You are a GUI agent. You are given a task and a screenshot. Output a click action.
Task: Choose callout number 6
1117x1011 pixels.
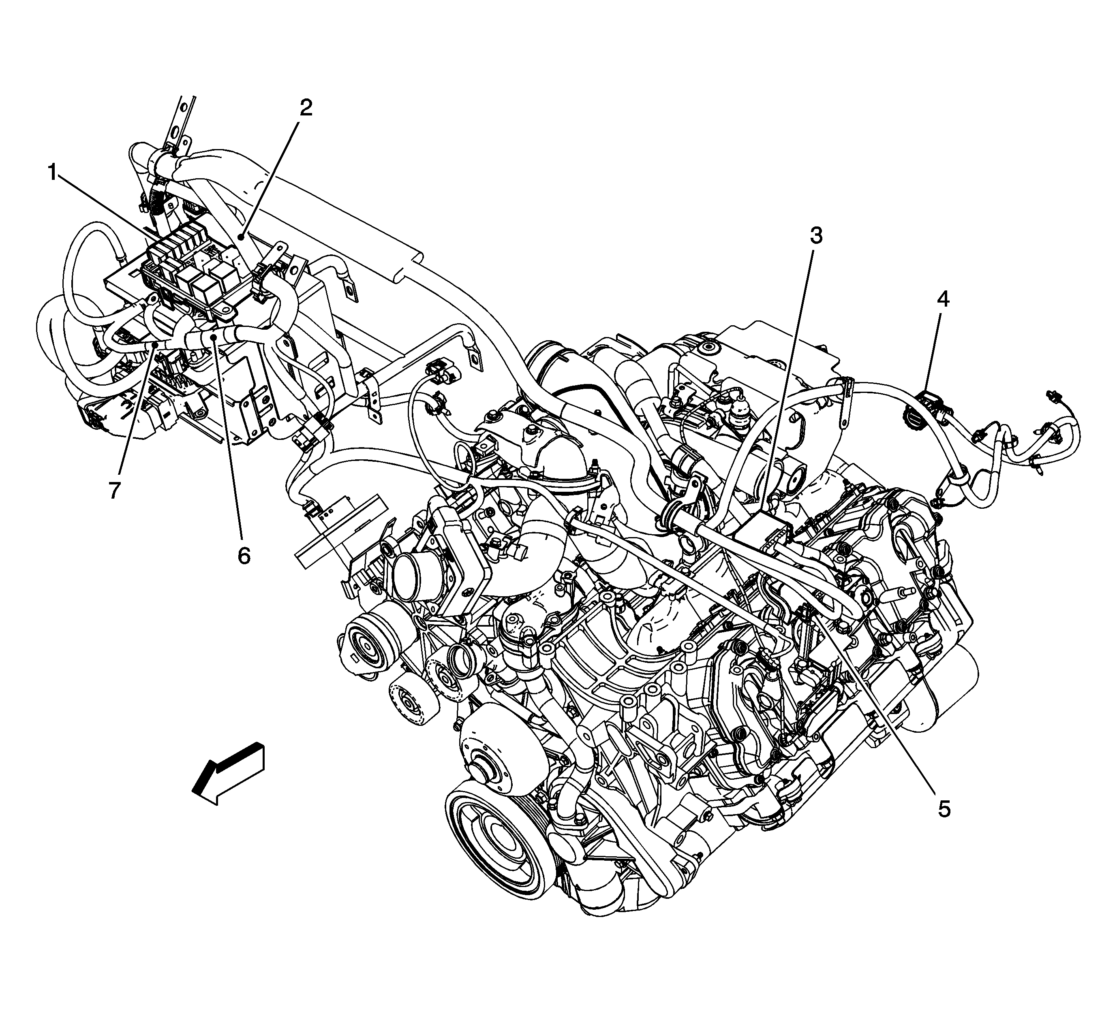click(x=244, y=555)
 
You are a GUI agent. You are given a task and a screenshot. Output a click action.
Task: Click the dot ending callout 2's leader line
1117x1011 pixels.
click(x=242, y=237)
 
